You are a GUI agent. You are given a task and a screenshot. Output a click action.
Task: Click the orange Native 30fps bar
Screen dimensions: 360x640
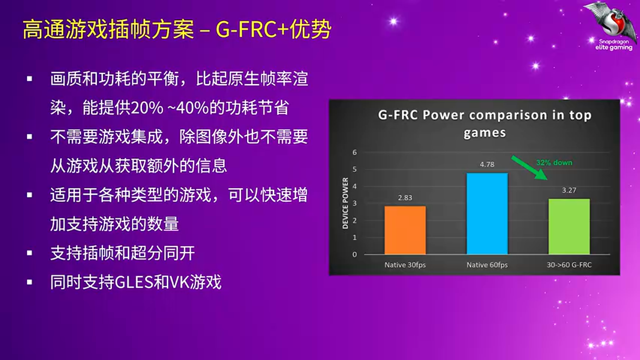click(405, 230)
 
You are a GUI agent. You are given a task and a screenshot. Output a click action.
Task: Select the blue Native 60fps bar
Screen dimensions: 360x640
click(487, 213)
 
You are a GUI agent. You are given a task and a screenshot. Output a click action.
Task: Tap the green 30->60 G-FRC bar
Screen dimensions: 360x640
click(569, 226)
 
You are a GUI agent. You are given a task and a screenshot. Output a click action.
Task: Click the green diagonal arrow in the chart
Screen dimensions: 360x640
click(529, 168)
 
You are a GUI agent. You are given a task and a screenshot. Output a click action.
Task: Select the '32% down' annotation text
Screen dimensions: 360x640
click(554, 162)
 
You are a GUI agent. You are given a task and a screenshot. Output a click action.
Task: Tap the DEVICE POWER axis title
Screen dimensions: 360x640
click(345, 202)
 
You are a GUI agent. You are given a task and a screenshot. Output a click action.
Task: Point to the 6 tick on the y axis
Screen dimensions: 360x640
click(354, 152)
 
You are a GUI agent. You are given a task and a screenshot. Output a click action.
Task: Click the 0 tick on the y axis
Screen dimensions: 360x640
click(354, 254)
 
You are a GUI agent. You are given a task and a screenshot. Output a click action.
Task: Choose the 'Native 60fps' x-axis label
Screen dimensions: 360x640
click(487, 265)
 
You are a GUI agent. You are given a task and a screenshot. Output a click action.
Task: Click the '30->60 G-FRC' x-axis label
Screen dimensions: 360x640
click(569, 265)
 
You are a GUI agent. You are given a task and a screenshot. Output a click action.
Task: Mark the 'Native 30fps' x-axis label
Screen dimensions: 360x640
click(405, 265)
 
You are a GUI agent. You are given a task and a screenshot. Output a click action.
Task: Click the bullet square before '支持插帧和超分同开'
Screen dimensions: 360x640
click(29, 253)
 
